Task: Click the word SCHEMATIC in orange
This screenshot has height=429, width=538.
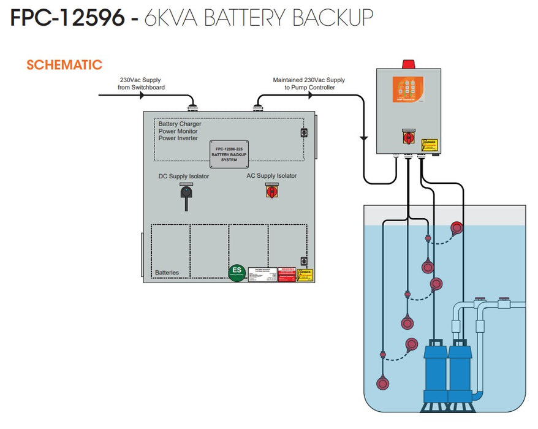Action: pyautogui.click(x=64, y=65)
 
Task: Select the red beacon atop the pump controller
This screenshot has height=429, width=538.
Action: pyautogui.click(x=408, y=63)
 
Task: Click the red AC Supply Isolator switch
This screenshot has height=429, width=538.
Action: pyautogui.click(x=271, y=192)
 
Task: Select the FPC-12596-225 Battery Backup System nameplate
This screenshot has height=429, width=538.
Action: pyautogui.click(x=229, y=154)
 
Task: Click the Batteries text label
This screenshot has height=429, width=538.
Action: pyautogui.click(x=167, y=272)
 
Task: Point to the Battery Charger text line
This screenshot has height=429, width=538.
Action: pyautogui.click(x=180, y=124)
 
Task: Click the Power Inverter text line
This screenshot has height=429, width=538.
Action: pyautogui.click(x=178, y=139)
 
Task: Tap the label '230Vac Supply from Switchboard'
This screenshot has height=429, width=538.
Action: pyautogui.click(x=142, y=84)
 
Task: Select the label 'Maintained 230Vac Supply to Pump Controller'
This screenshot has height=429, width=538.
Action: pyautogui.click(x=309, y=84)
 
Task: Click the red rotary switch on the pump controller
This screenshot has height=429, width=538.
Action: pyautogui.click(x=407, y=139)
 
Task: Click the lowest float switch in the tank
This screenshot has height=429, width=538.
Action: pyautogui.click(x=382, y=384)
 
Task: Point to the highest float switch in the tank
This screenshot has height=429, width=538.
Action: pyautogui.click(x=457, y=228)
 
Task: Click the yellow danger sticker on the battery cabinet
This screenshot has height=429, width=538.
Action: pyautogui.click(x=305, y=275)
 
